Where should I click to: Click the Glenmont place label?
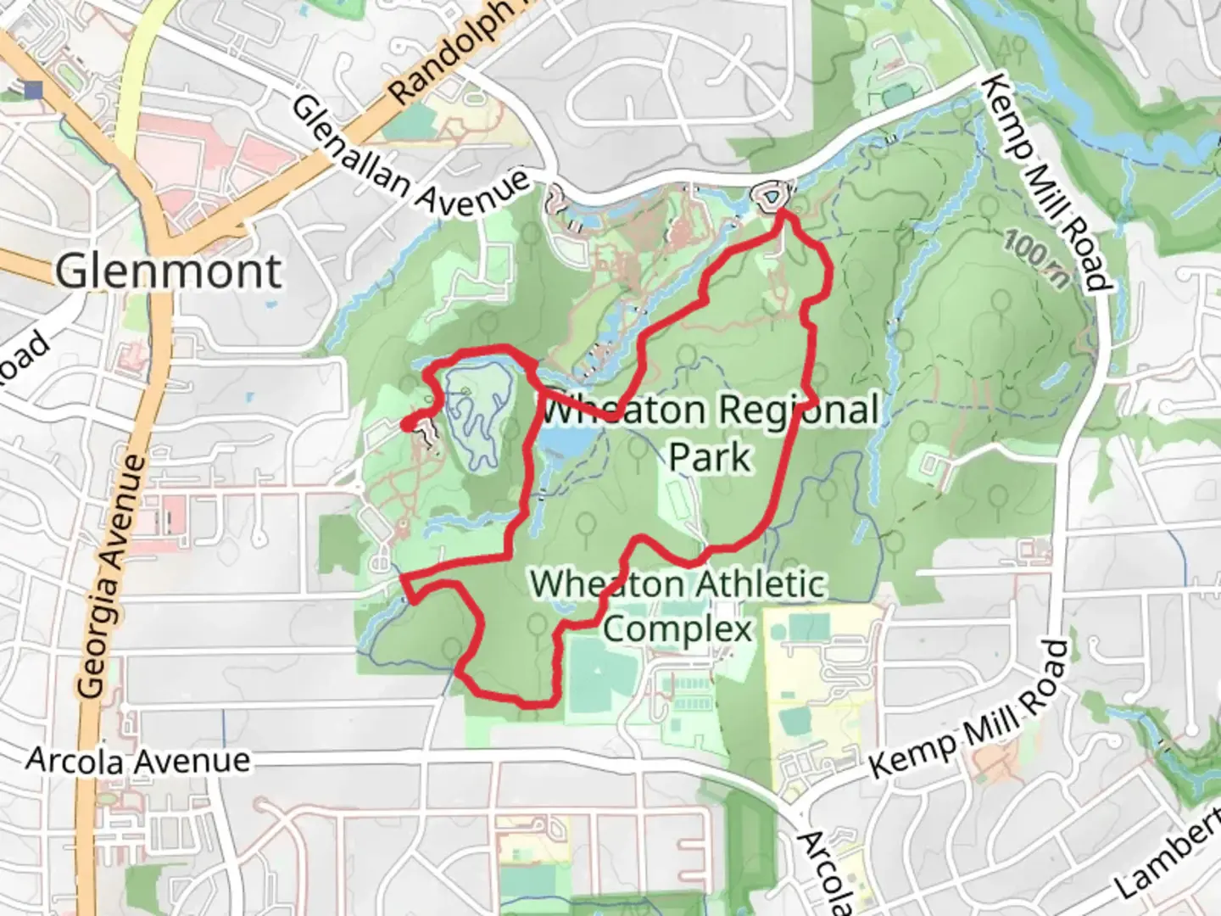pyautogui.click(x=169, y=271)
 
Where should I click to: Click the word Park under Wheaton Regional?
pyautogui.click(x=710, y=456)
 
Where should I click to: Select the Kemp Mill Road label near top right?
pyautogui.click(x=1048, y=182)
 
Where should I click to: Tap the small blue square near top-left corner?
pyautogui.click(x=35, y=89)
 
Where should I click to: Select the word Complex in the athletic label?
pyautogui.click(x=677, y=628)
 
